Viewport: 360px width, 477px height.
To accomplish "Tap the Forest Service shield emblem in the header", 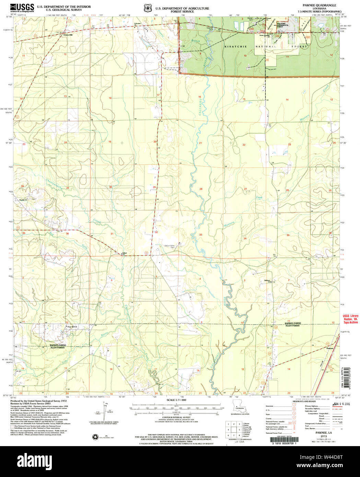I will pyautogui.click(x=148, y=8).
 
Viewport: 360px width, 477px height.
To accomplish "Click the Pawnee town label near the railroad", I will pyautogui.click(x=330, y=348).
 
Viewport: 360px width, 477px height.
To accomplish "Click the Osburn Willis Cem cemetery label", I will pyautogui.click(x=172, y=246).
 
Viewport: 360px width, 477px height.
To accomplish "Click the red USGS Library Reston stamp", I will pyautogui.click(x=350, y=319).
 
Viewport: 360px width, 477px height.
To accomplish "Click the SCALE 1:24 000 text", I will pyautogui.click(x=176, y=400).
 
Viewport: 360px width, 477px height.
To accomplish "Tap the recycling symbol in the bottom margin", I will pyautogui.click(x=95, y=437).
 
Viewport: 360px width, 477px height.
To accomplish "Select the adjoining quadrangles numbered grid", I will pyautogui.click(x=233, y=429).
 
